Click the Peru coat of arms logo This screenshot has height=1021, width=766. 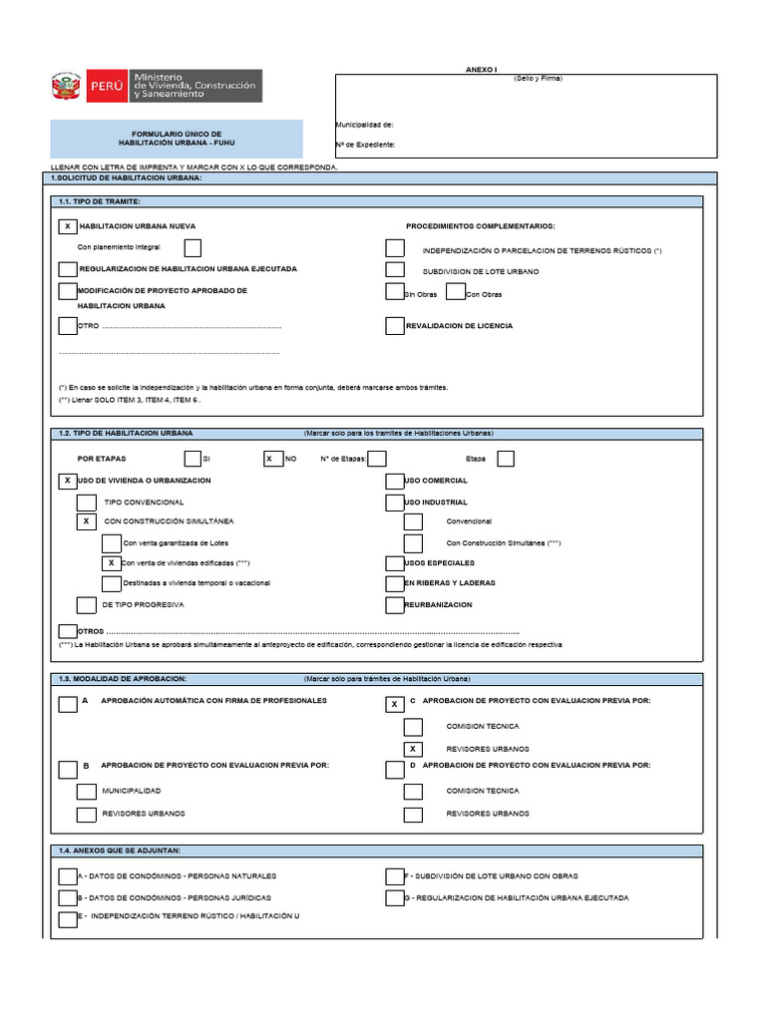68,87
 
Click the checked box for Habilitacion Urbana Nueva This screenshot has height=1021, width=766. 68,226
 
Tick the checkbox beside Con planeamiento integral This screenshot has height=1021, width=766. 192,247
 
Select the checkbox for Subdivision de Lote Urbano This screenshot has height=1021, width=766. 395,270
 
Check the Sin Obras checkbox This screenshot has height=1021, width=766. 395,292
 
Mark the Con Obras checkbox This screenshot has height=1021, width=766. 456,292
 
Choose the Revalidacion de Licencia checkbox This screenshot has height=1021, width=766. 395,326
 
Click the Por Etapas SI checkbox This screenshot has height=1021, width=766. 192,459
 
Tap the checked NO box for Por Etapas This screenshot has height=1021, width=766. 271,459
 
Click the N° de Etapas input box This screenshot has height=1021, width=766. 377,459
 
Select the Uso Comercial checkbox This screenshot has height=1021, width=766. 395,481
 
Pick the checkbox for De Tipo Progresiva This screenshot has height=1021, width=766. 86,604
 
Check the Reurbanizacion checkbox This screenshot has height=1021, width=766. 395,604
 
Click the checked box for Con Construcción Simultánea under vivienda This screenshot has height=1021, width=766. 86,521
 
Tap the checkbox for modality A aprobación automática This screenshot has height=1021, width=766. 67,705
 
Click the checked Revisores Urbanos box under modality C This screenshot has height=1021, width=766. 413,749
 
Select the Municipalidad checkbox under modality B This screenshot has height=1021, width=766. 86,791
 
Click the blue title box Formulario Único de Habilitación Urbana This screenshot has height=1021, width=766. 177,139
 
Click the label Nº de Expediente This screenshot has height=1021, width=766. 365,145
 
